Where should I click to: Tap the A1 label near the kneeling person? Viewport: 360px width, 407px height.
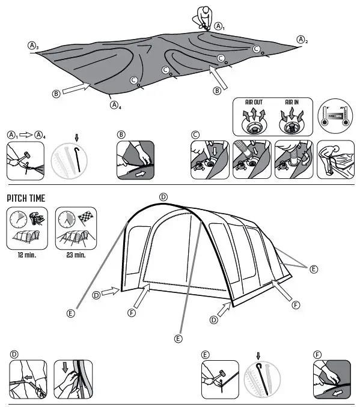tap(220, 27)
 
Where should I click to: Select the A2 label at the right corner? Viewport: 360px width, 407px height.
tap(302, 40)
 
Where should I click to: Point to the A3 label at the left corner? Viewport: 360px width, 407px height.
tap(33, 46)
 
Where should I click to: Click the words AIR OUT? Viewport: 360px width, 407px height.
tap(254, 102)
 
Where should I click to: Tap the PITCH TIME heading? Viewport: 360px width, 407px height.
tap(26, 198)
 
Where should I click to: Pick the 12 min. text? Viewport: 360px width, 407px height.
tap(25, 255)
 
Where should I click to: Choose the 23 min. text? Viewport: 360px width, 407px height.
tap(75, 255)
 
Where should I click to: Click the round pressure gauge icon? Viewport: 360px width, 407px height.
tap(335, 115)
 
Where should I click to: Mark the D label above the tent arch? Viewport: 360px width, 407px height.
tap(163, 197)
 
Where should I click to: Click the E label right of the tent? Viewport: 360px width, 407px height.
tap(314, 270)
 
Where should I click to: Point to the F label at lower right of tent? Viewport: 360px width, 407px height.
tap(296, 305)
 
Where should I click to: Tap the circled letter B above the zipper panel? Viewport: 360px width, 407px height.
tap(121, 134)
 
